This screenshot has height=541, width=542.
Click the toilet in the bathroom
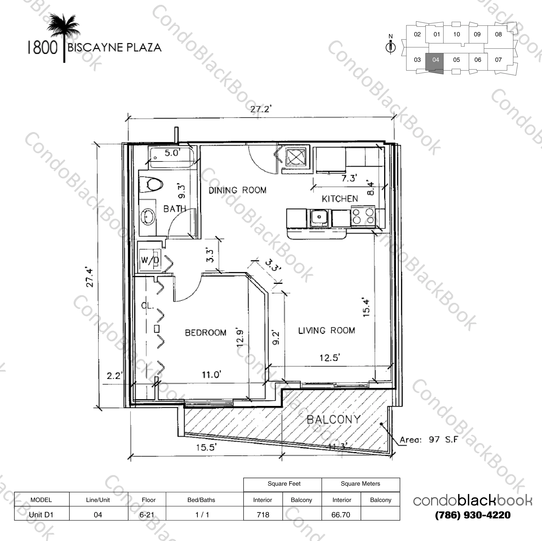click(x=152, y=184)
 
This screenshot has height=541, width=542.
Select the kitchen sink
click(x=319, y=217)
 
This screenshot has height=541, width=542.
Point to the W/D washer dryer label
click(x=150, y=260)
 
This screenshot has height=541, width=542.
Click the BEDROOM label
click(x=206, y=333)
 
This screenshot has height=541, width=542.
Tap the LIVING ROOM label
click(x=327, y=331)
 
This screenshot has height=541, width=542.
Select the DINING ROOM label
click(x=237, y=190)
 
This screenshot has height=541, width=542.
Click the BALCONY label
click(x=334, y=420)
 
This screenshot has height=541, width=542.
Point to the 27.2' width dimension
click(x=261, y=109)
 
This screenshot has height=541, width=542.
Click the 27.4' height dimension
click(x=90, y=277)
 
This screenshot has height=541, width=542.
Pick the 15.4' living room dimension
click(x=366, y=307)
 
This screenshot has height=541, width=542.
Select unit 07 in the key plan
click(x=498, y=60)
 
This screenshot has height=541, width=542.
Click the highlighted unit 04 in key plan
click(x=435, y=60)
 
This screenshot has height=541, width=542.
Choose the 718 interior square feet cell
click(x=263, y=515)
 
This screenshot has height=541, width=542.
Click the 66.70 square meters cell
click(x=341, y=515)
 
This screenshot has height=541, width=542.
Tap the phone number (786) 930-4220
click(x=473, y=515)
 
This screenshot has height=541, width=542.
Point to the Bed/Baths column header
click(x=201, y=500)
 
